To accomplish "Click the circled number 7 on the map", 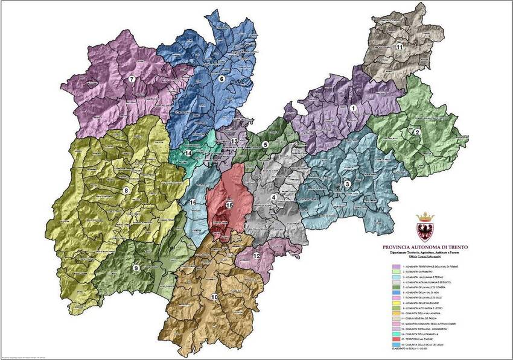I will [x=132, y=79].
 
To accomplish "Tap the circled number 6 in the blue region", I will [x=221, y=78].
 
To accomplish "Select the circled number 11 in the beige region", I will [x=400, y=46].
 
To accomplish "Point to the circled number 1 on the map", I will [x=354, y=108].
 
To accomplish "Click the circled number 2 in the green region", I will [x=417, y=131].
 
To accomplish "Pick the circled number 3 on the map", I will [x=347, y=184].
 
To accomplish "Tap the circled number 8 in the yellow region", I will [x=126, y=191].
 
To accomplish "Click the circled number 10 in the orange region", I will [x=214, y=296].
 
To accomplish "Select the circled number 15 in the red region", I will [x=229, y=205].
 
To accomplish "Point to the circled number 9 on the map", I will [x=136, y=268].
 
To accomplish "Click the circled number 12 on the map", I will [x=256, y=256].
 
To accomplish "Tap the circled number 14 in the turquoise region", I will [x=189, y=153].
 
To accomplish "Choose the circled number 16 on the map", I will [x=193, y=203].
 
